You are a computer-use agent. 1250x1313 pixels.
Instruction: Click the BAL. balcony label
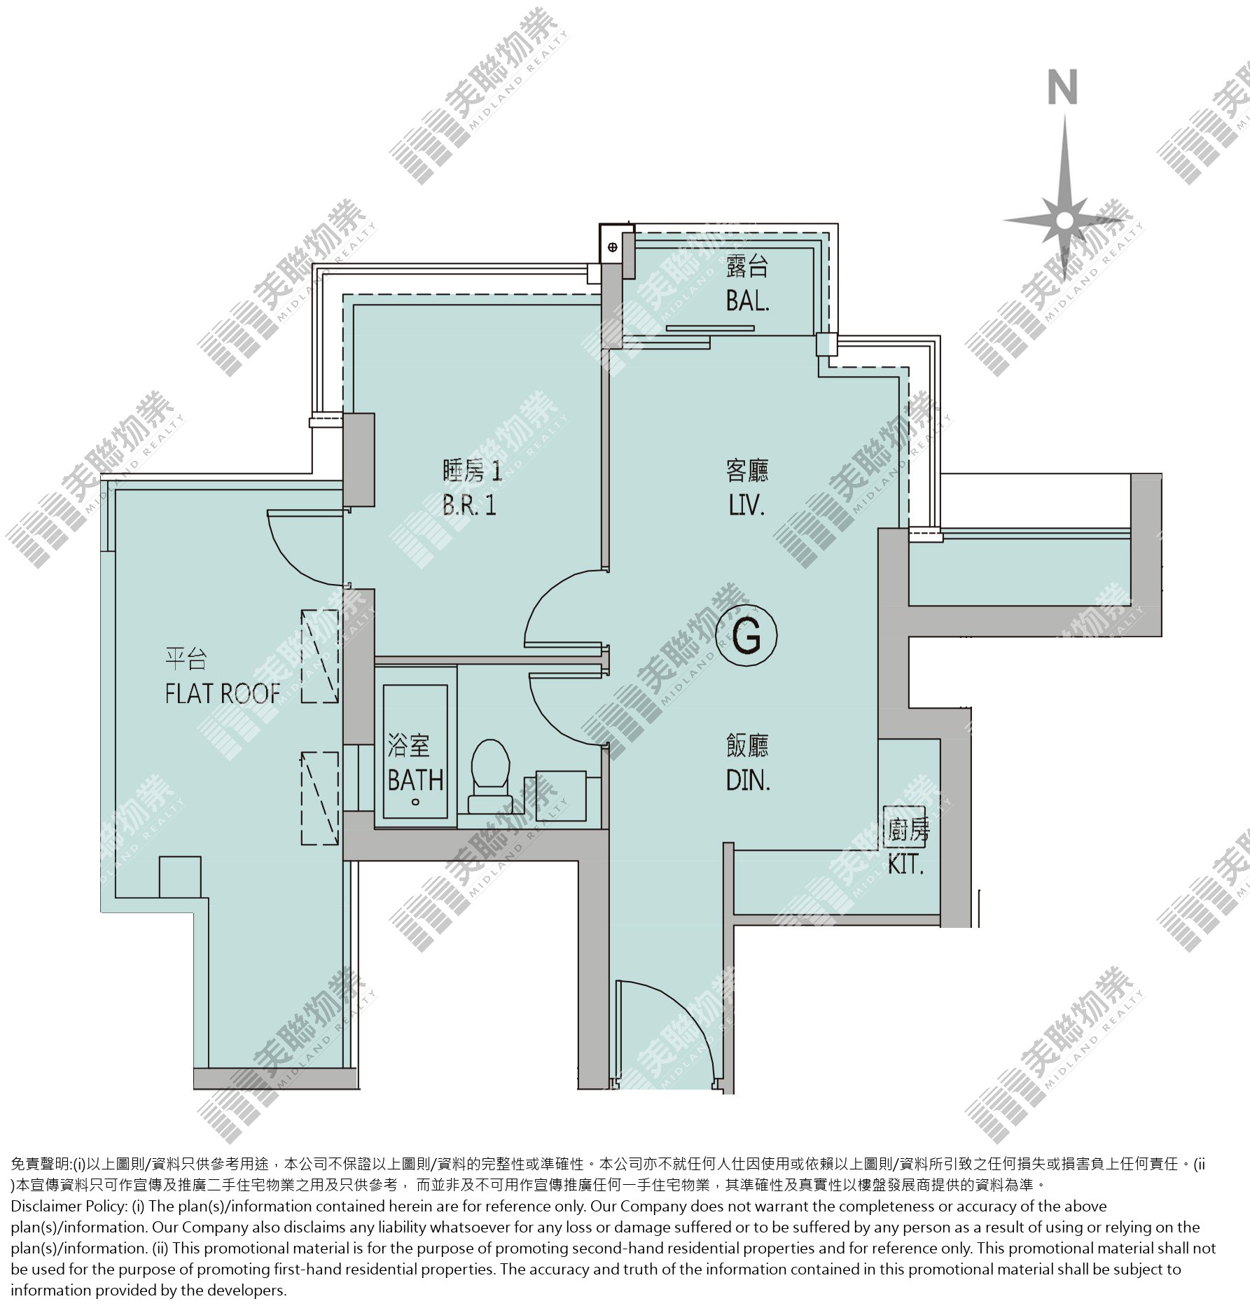[747, 301]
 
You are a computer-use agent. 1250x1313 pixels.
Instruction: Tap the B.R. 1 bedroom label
[469, 505]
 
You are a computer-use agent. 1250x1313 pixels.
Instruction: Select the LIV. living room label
[746, 505]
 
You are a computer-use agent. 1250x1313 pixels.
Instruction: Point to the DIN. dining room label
[748, 780]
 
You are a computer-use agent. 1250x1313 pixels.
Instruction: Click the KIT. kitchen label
[906, 865]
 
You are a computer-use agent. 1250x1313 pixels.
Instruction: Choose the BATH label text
[416, 779]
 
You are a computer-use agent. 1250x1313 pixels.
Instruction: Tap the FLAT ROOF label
[223, 693]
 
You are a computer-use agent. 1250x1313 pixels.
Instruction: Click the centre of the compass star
[1064, 220]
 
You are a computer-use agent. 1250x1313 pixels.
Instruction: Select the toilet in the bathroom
[489, 776]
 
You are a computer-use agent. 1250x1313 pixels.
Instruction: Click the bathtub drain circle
[416, 803]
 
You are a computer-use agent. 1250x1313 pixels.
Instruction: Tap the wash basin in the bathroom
[560, 796]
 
